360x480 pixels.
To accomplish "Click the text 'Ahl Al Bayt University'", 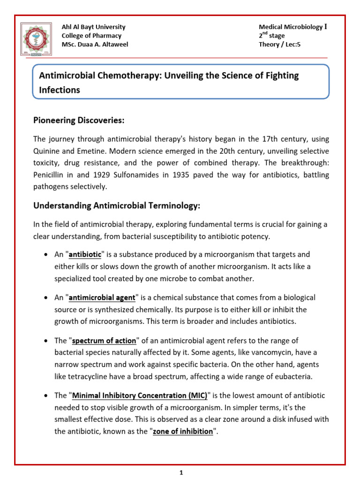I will tap(93, 27).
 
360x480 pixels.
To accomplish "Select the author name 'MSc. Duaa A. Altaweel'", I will tap(95, 45).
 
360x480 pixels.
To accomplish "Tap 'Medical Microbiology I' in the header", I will tap(292, 27).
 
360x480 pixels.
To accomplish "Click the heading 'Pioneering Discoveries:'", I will tap(78, 120).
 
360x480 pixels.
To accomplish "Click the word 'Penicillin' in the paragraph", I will tap(49, 174).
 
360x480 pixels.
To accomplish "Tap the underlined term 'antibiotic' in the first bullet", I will tap(85, 255).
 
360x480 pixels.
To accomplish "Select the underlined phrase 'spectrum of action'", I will tap(104, 340).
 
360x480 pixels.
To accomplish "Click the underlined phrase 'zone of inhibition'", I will tap(183, 431).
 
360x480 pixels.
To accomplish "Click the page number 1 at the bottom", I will tap(180, 473).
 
